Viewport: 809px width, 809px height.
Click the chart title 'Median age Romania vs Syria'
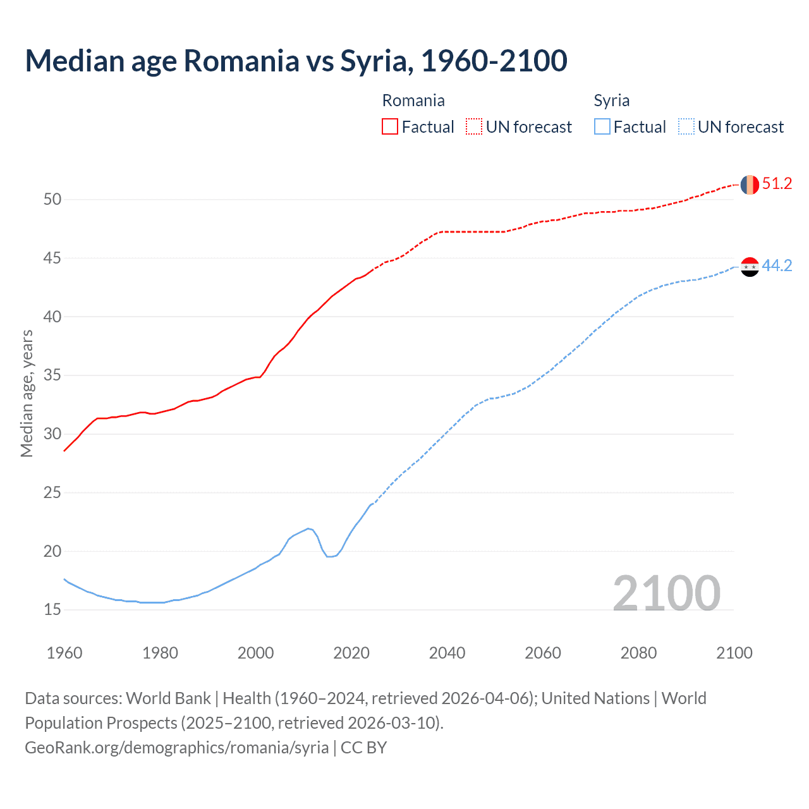point(296,61)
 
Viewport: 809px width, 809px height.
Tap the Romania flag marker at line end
point(750,185)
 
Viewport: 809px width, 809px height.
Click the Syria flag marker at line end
point(750,267)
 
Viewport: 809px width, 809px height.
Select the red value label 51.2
point(777,184)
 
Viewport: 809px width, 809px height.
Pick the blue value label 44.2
point(777,266)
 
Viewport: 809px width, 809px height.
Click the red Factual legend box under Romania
point(390,127)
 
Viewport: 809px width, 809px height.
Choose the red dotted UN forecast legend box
point(474,127)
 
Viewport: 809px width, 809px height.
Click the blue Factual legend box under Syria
point(602,127)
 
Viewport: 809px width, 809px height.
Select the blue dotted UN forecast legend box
point(686,127)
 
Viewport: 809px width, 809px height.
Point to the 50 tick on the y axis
point(52,200)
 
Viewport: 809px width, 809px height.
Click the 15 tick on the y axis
point(52,610)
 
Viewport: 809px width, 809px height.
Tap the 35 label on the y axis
point(52,375)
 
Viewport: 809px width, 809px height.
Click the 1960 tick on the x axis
point(64,653)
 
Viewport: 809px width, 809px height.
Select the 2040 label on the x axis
point(447,653)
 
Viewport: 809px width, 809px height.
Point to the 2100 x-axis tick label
point(734,653)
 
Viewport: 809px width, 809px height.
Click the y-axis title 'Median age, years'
point(27,393)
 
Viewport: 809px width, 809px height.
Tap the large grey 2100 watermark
point(666,593)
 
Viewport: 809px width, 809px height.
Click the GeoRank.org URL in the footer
point(176,748)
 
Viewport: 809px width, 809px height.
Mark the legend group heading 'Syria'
point(611,100)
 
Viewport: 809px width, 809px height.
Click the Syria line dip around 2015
point(329,556)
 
